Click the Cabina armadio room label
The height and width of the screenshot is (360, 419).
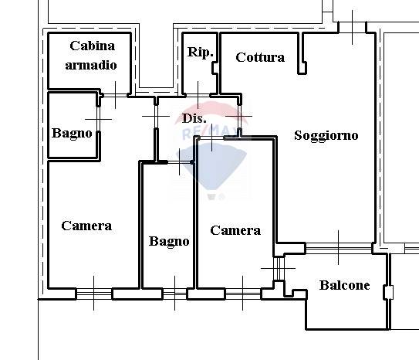(91, 56)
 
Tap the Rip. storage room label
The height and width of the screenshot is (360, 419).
(201, 53)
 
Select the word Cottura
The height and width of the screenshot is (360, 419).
(260, 57)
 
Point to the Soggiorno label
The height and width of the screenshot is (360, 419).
(326, 135)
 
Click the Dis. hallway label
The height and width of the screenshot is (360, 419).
(194, 118)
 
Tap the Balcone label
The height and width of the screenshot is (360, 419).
(344, 285)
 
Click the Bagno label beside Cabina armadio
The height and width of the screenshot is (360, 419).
(72, 133)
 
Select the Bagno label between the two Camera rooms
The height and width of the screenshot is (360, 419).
(169, 241)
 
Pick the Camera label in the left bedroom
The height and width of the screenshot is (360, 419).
(86, 226)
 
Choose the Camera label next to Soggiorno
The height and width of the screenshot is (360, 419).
(235, 230)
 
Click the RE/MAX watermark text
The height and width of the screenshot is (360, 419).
(209, 134)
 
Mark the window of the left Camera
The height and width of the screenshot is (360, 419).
(94, 294)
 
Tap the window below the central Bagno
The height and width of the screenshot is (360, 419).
(174, 294)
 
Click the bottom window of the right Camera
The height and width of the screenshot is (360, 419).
(242, 294)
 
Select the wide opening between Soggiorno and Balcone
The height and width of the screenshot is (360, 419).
(339, 249)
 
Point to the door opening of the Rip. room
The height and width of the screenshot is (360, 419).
(198, 95)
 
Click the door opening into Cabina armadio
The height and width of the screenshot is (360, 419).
(115, 95)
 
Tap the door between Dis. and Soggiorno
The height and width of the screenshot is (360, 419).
(240, 117)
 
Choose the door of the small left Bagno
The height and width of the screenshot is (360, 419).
(98, 119)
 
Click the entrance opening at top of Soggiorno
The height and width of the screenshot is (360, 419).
(352, 27)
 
